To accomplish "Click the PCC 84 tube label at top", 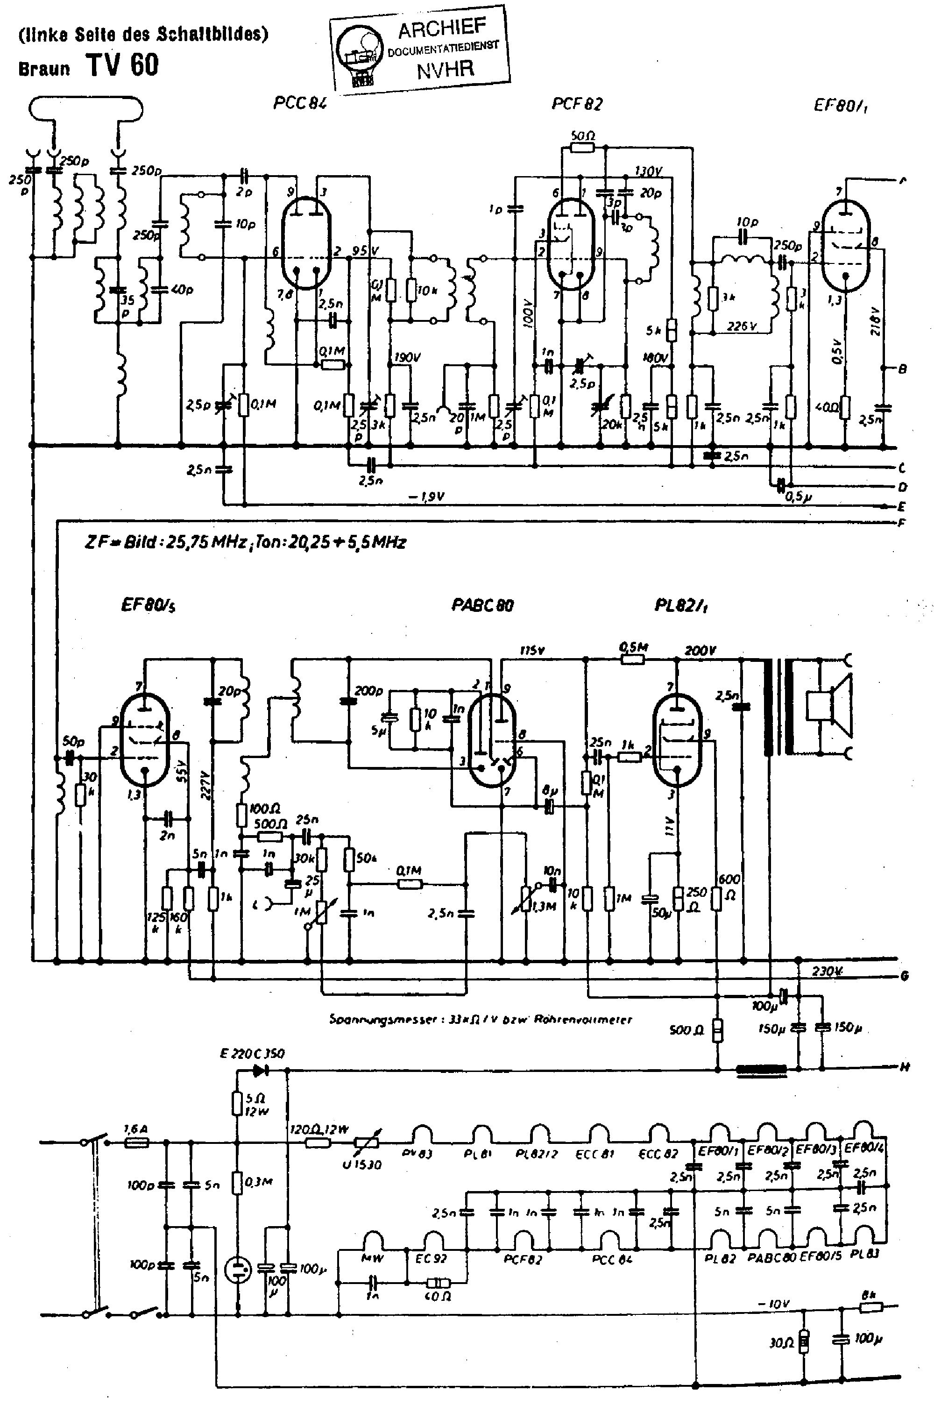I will click(x=300, y=104).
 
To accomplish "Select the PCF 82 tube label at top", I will click(x=577, y=104).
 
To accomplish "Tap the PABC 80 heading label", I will click(x=482, y=606).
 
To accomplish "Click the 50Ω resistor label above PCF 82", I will click(x=582, y=135).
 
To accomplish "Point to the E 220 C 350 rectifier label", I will click(x=252, y=1054).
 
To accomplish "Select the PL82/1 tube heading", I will click(x=681, y=606).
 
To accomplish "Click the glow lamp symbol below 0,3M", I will click(x=238, y=1270).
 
